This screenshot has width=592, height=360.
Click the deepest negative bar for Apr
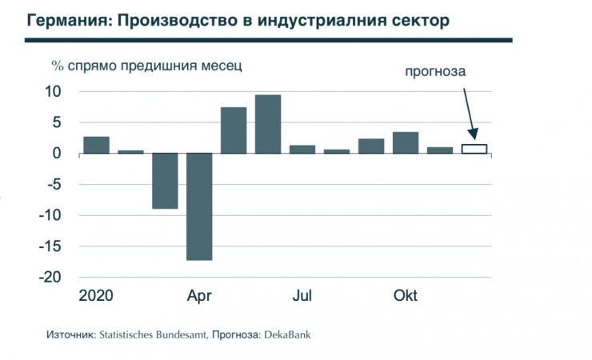pos(199,206)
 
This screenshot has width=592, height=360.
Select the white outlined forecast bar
pos(474,149)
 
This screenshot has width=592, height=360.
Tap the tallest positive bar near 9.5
pos(268,124)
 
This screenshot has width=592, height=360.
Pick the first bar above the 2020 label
pos(96,145)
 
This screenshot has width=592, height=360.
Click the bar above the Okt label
pos(406,142)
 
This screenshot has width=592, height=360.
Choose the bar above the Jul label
pos(302,149)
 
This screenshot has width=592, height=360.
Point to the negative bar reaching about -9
pos(165,181)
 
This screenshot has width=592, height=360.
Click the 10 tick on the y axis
pos(52,91)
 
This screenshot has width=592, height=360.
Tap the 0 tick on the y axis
pos(56,154)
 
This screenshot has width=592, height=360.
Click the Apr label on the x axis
pos(199,296)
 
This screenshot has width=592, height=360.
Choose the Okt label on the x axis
pos(406,296)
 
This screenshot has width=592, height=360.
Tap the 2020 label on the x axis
pos(96,296)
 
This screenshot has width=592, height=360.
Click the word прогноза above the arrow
pos(434,72)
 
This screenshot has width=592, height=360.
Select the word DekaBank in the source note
pos(286,334)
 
